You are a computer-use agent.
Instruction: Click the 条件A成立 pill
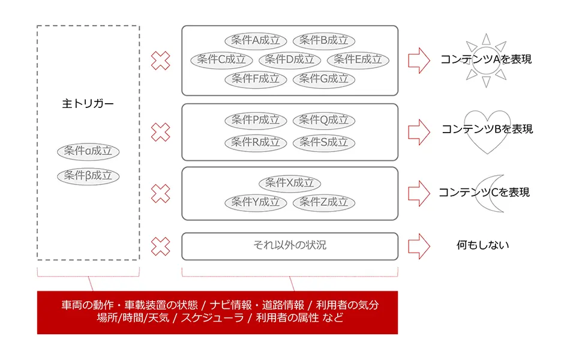256,41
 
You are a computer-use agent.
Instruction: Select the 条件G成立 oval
324,79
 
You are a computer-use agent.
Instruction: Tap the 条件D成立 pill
290,60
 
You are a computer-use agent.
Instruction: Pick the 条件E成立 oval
358,60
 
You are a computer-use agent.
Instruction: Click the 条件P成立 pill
256,121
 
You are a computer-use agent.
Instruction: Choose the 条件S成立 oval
324,143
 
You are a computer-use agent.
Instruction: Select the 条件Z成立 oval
324,203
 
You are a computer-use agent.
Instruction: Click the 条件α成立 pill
88,151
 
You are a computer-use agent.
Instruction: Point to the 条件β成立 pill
88,176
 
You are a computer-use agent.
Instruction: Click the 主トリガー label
88,104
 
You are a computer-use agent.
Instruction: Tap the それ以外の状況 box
290,246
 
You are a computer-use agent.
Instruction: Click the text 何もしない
483,245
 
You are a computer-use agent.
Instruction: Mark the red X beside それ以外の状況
160,246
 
